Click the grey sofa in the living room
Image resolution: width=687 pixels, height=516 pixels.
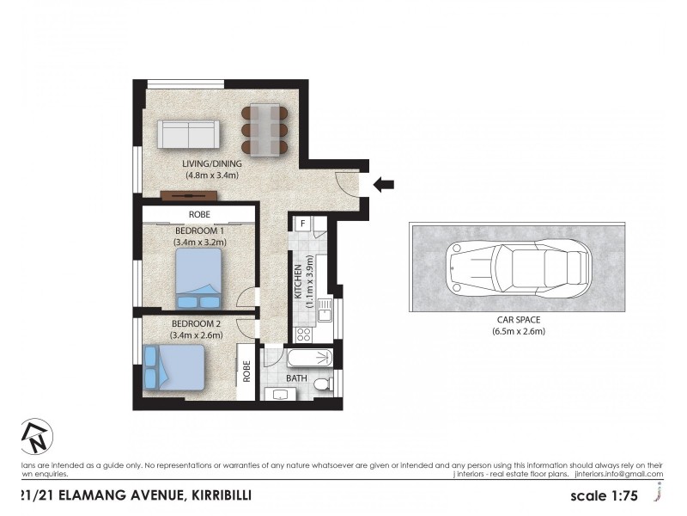pyautogui.click(x=188, y=135)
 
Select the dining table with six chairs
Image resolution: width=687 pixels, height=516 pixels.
pyautogui.click(x=264, y=131)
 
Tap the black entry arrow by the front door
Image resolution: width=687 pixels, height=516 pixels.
pyautogui.click(x=384, y=183)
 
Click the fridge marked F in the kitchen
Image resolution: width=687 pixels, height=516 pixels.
pyautogui.click(x=303, y=225)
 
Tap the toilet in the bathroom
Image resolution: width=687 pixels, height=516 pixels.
pyautogui.click(x=321, y=384)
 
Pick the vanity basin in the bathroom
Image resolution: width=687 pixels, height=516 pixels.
pyautogui.click(x=282, y=394)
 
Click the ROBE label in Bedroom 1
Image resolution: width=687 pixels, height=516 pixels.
pyautogui.click(x=198, y=214)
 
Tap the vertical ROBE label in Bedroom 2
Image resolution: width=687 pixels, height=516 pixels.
pyautogui.click(x=246, y=371)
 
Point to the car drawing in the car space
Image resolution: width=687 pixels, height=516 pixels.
pyautogui.click(x=518, y=267)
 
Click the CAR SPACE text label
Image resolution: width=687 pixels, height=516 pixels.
pyautogui.click(x=519, y=320)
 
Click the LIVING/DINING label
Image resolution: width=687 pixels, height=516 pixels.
pyautogui.click(x=211, y=163)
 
